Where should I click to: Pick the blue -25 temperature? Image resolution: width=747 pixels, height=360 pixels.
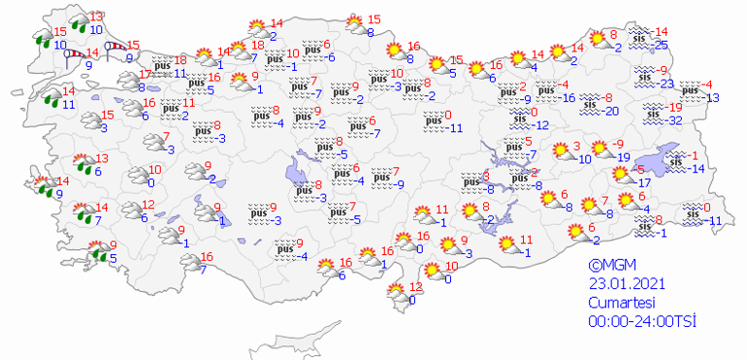tap(662, 46)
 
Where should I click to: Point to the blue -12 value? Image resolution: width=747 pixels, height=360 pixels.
tap(540, 125)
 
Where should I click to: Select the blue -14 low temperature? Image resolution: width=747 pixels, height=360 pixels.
tap(698, 170)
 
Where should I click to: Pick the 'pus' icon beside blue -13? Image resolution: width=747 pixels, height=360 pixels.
tap(691, 89)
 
